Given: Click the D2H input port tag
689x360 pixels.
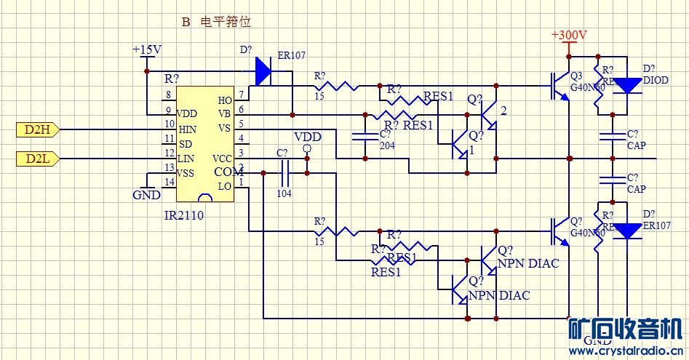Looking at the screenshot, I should [x=36, y=129].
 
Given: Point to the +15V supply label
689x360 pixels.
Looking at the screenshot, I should [x=146, y=50].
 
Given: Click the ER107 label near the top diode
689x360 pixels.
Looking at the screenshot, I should [x=291, y=55].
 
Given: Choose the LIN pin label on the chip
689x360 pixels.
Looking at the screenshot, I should [x=186, y=158].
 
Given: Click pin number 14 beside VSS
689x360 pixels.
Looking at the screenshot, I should [x=169, y=181].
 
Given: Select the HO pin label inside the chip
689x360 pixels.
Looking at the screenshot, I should [x=225, y=100].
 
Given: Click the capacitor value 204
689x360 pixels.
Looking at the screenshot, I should [x=387, y=145].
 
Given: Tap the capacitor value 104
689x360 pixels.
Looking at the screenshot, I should [x=284, y=194].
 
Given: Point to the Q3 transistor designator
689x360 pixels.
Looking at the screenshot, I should [x=576, y=76].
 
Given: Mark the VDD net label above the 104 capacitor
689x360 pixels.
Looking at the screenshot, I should [x=306, y=137].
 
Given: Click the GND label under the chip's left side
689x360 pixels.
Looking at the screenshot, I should [x=146, y=195].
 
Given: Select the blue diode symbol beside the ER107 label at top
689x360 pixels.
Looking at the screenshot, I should [x=263, y=72].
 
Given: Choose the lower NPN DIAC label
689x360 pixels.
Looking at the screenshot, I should [x=499, y=295].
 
